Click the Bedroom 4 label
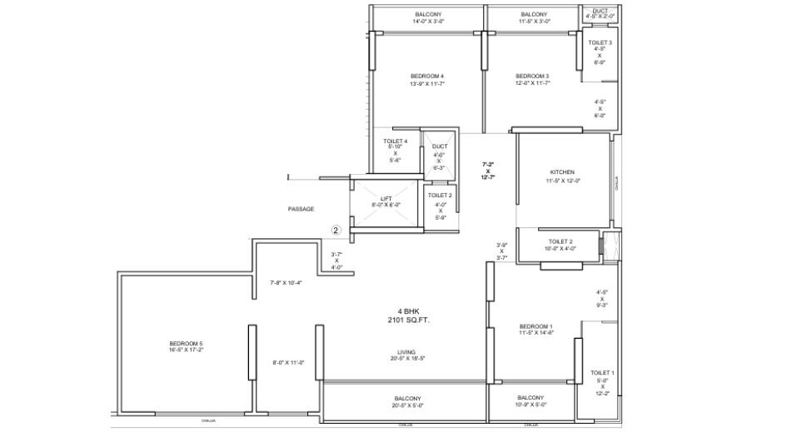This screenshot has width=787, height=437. coord(426,76)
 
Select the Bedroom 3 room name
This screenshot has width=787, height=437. coord(532,76)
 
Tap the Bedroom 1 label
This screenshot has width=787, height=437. coord(535,325)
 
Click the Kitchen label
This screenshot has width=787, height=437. coord(563,172)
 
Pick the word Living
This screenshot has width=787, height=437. coord(406,351)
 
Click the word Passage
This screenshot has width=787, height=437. coord(301,209)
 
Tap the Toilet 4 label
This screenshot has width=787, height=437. coord(395,142)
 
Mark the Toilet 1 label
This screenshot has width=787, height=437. coord(601,372)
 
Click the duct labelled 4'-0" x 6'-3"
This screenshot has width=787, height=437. coord(439,146)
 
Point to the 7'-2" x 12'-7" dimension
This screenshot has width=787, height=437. coord(489,171)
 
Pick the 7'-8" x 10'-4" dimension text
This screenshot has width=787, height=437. coord(286,283)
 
